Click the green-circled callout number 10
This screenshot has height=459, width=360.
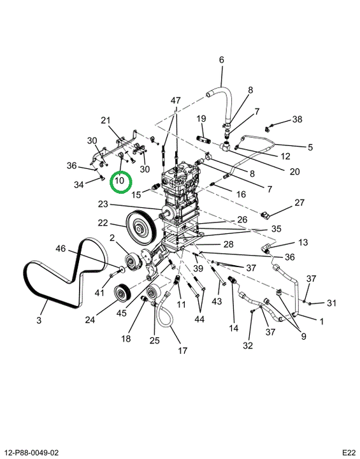point(119,180)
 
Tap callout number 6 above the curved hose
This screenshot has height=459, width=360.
point(221,60)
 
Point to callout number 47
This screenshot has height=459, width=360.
point(176,101)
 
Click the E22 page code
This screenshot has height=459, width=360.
point(349,453)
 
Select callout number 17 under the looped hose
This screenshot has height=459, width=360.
point(182,350)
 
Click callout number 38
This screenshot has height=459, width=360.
point(297,119)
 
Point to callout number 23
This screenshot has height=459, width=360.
point(103,204)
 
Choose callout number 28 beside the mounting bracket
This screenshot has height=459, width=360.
point(228,244)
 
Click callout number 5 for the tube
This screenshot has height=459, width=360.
point(310,147)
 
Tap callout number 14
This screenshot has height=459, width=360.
point(233,328)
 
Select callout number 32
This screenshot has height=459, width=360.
point(248,346)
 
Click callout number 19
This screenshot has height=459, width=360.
point(201,119)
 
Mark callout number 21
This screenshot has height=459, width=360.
point(105,120)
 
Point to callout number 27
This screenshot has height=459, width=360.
point(299,203)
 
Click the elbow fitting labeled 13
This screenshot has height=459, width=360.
point(266,250)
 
